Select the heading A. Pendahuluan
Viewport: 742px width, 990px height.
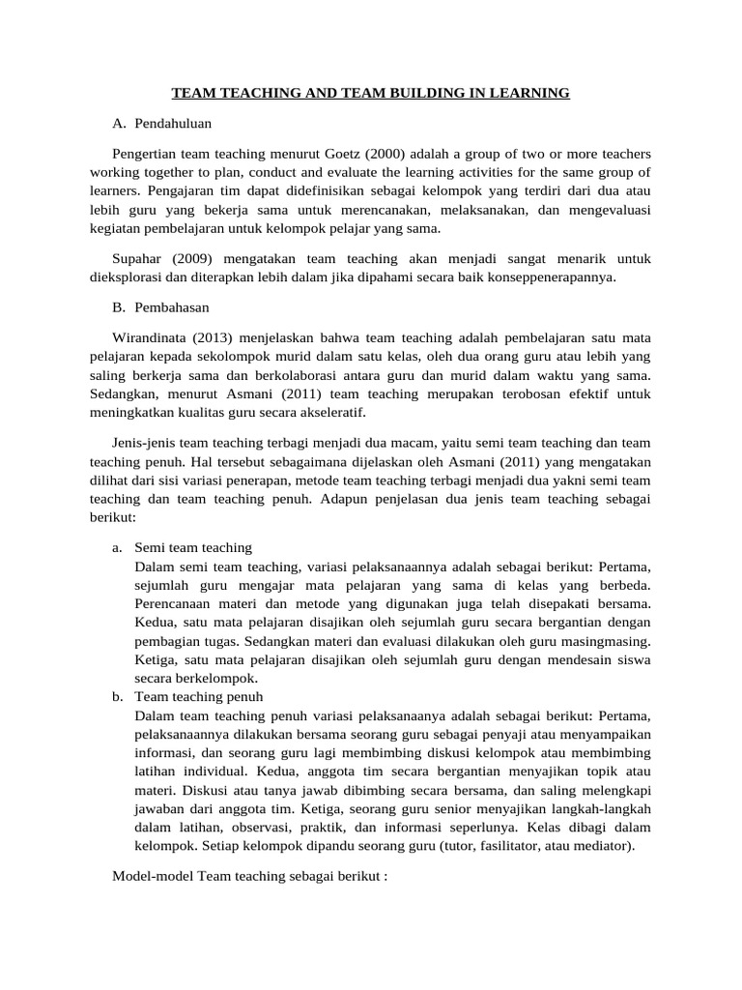pyautogui.click(x=161, y=124)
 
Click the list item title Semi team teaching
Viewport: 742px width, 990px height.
pyautogui.click(x=193, y=547)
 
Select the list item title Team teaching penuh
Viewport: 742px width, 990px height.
pyautogui.click(x=198, y=696)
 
